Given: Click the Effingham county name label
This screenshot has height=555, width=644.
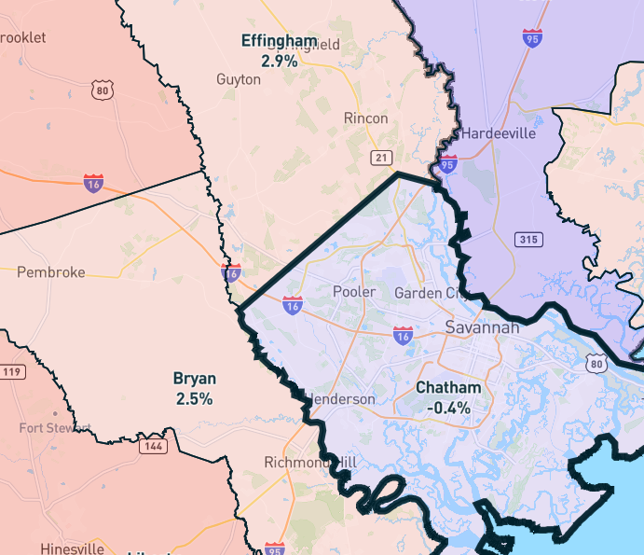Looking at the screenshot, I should click(x=279, y=41).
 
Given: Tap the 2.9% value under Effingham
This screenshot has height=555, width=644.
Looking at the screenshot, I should click(x=279, y=61).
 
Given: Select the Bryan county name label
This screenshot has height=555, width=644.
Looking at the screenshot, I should click(x=195, y=379).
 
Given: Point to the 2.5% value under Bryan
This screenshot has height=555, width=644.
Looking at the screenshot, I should click(x=195, y=398).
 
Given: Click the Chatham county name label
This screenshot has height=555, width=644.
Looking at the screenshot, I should click(x=448, y=388).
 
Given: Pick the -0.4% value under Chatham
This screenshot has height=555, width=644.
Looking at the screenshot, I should click(x=448, y=408).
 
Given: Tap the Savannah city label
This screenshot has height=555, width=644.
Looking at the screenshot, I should click(x=482, y=327).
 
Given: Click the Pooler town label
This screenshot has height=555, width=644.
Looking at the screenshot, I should click(x=354, y=292).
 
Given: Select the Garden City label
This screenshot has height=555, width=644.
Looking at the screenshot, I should click(x=428, y=293).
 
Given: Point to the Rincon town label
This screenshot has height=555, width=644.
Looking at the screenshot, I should click(x=365, y=118).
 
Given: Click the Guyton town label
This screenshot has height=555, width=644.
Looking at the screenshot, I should click(x=239, y=79).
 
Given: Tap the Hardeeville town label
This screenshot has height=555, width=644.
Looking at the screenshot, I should click(x=499, y=133).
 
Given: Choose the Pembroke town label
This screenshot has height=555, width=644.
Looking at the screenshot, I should click(x=51, y=272).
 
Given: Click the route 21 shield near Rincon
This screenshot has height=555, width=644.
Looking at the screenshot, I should click(x=380, y=157).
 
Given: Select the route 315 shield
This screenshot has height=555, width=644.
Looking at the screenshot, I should click(x=528, y=240).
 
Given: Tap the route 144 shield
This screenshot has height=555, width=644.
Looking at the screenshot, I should click(x=154, y=447).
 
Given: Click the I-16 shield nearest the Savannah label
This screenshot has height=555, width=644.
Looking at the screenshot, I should click(x=403, y=334).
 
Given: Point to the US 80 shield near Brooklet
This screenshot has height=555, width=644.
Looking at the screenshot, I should click(x=103, y=90).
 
